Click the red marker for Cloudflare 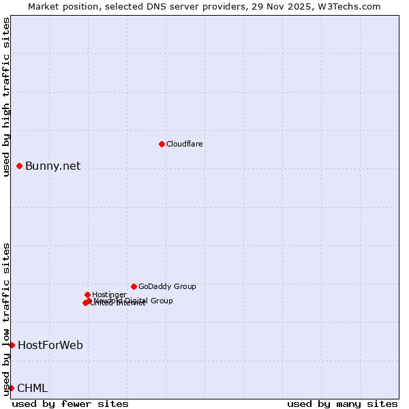[x=162, y=144]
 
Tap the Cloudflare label [x=185, y=145]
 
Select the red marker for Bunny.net [x=20, y=166]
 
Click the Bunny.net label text [x=53, y=166]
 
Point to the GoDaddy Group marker [x=134, y=286]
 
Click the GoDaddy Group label [x=167, y=287]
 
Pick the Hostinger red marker [x=87, y=294]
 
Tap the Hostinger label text [x=109, y=295]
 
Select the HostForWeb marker [x=12, y=345]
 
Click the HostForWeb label [x=50, y=346]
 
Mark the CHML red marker [x=12, y=388]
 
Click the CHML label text [x=33, y=389]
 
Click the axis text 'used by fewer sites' [x=70, y=404]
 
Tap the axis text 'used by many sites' [x=342, y=404]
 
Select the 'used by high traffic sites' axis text [x=7, y=97]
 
